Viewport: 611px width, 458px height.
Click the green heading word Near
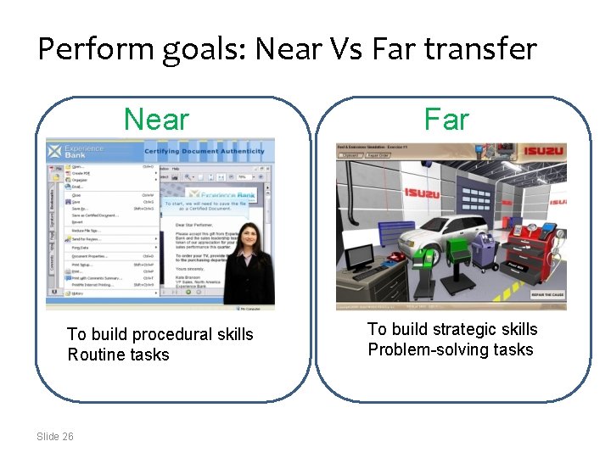tap(156, 120)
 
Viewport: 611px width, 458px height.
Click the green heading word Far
tap(446, 120)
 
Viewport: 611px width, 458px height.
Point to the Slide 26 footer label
tap(55, 436)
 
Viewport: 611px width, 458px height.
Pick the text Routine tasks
tap(118, 355)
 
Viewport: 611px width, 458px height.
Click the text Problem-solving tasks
tap(451, 349)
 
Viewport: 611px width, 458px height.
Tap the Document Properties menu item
tap(94, 255)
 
